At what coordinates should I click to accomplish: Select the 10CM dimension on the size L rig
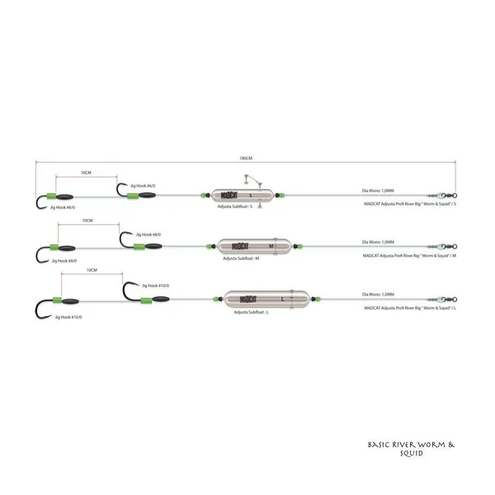93,270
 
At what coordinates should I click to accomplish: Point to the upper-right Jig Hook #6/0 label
142,186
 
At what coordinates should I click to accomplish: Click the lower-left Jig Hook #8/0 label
65,261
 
